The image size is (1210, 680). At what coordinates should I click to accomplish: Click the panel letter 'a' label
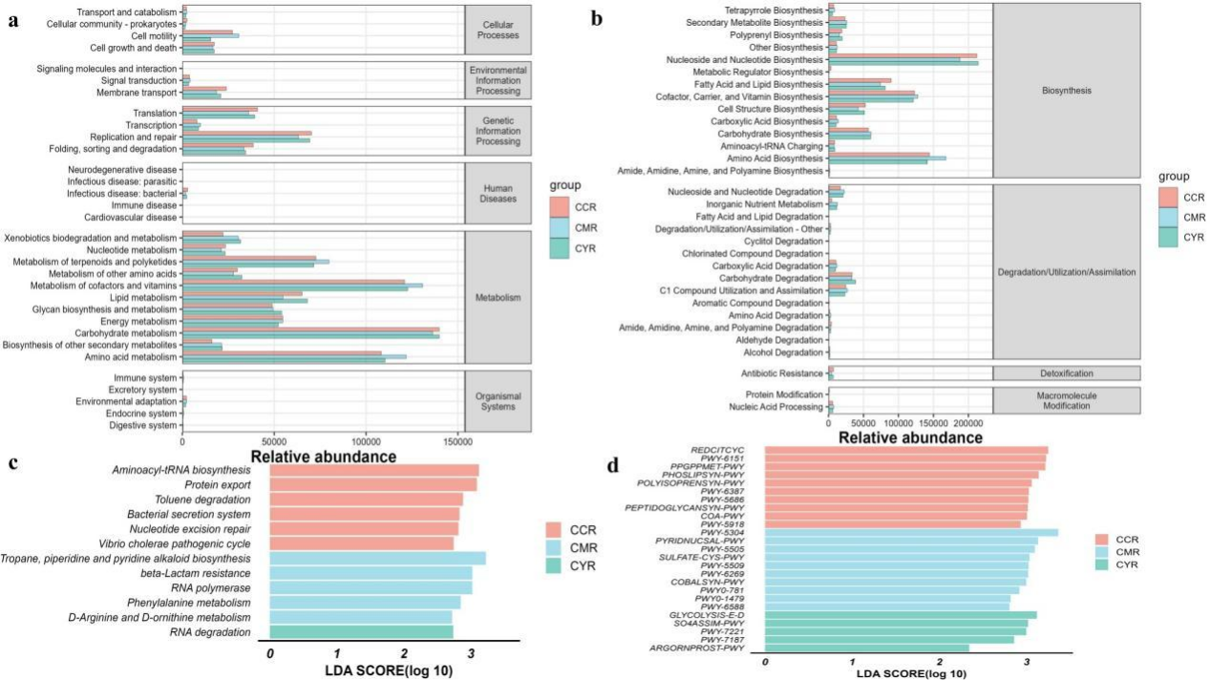[x=13, y=22]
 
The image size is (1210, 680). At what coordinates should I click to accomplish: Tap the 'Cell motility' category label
[x=154, y=36]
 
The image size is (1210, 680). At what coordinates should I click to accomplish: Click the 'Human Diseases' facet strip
[x=499, y=193]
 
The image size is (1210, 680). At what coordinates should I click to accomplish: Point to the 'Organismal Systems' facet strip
[x=499, y=401]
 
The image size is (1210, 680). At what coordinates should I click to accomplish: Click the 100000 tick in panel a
[x=366, y=442]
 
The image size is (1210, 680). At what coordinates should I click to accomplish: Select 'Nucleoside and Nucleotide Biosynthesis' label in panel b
[x=745, y=60]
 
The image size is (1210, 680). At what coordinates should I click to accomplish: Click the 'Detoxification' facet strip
[x=1067, y=373]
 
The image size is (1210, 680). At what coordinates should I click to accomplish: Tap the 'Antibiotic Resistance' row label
[x=782, y=373]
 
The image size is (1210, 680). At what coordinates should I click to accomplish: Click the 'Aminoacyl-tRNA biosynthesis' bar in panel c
[x=374, y=471]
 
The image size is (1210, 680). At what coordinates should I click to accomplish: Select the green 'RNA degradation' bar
[x=361, y=632]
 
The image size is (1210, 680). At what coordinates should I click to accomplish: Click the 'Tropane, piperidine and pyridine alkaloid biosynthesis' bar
[x=377, y=559]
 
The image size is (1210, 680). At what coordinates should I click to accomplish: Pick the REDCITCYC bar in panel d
[x=906, y=450]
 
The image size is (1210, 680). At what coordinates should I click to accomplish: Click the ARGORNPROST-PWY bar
[x=867, y=648]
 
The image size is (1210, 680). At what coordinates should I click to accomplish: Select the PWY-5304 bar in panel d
[x=911, y=533]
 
